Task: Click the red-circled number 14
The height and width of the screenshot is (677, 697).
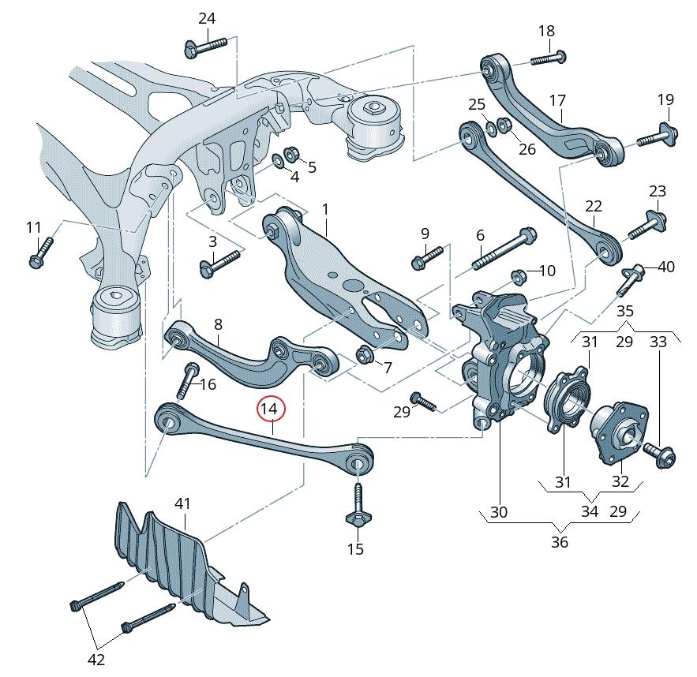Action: [x=269, y=409]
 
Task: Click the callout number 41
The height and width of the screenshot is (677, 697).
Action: [x=182, y=503]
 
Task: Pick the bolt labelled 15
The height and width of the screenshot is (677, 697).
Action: [x=356, y=506]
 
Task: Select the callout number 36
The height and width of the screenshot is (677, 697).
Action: [x=559, y=542]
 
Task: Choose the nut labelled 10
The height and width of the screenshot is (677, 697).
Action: [x=519, y=276]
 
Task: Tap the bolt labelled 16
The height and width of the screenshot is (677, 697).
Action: [x=187, y=382]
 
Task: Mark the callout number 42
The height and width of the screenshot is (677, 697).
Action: [x=96, y=659]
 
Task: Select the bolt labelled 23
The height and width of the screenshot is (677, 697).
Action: [x=643, y=226]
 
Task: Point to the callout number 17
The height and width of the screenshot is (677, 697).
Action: [x=557, y=101]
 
